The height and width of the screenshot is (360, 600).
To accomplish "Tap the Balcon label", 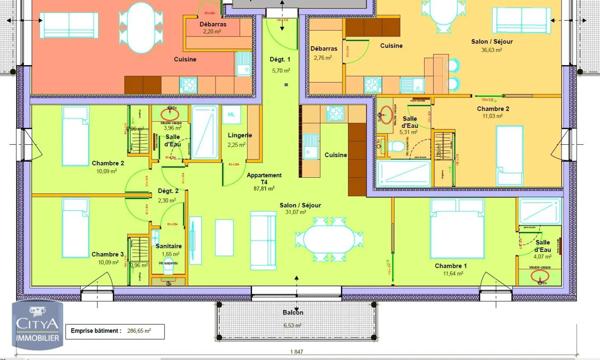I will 293,313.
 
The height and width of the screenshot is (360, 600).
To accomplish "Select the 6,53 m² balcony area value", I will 293,324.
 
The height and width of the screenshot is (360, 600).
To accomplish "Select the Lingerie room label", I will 239,135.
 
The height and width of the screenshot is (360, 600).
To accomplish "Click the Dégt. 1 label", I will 280,61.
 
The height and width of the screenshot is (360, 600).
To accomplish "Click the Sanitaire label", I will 168,245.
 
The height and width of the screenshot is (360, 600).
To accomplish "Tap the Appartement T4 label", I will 264,180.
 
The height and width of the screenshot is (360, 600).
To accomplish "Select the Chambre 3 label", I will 107,254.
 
